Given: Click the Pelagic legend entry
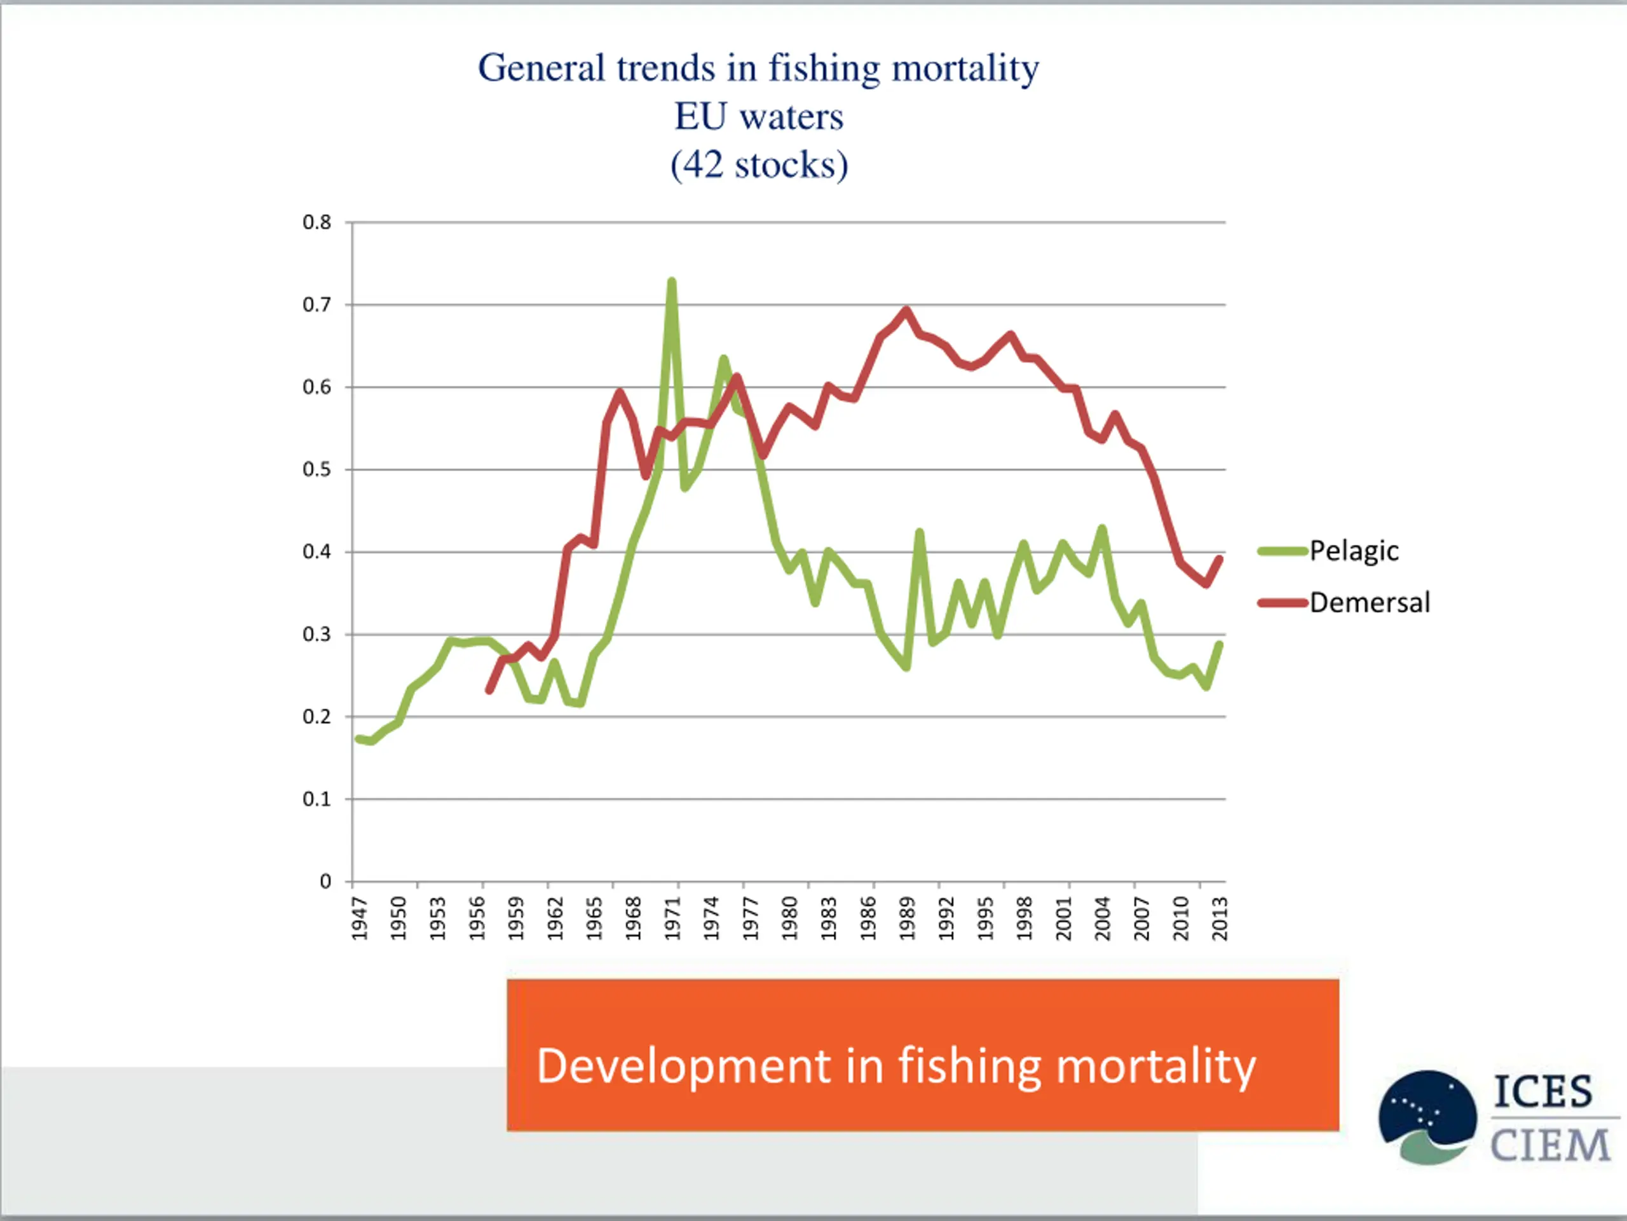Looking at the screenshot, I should (x=1353, y=551).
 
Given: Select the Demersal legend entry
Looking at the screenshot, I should (x=1370, y=603).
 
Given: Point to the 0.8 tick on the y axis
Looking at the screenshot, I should (x=317, y=223).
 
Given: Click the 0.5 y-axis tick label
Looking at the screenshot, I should (x=317, y=469).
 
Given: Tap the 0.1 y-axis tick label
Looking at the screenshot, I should (x=317, y=799).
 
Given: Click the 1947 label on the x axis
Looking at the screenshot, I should (x=359, y=918).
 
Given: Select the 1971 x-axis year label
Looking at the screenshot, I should (x=672, y=918).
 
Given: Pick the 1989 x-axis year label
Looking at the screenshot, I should (x=907, y=918).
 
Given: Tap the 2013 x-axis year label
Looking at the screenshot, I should (x=1220, y=918).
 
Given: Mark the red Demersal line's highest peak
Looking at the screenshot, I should (x=906, y=310).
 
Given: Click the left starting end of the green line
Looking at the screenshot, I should (x=358, y=738).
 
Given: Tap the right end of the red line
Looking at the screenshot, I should (x=1220, y=558).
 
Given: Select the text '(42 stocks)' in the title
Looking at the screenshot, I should (x=758, y=165).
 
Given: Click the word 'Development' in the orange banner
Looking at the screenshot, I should (x=684, y=1066).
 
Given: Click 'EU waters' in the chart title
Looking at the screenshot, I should (x=758, y=116).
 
